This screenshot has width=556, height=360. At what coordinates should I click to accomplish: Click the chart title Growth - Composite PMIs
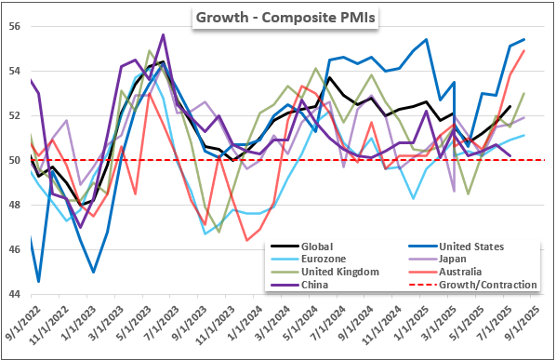coord(285,18)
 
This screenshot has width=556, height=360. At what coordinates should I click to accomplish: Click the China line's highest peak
coord(163,34)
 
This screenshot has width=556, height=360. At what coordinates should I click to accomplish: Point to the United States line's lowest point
coord(38,282)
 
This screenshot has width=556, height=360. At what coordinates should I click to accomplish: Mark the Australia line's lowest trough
coord(246,241)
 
